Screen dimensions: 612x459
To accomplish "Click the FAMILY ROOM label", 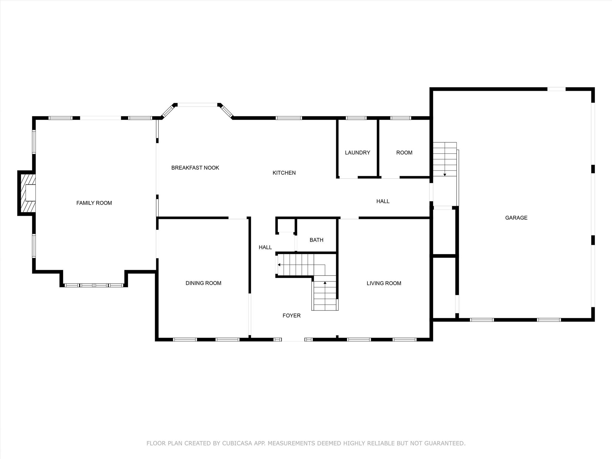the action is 94,203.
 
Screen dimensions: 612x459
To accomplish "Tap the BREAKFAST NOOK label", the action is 195,168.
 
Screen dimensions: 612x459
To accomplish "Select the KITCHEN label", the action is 284,173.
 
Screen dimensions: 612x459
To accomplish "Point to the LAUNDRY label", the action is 357,153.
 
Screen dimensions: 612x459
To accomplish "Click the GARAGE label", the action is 516,218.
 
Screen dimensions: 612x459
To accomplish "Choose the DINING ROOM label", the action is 204,283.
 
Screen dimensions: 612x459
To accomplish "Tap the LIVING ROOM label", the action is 384,283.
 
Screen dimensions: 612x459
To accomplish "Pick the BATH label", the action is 316,240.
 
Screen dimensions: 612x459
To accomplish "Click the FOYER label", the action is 292,316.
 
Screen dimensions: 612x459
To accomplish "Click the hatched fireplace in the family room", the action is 27,193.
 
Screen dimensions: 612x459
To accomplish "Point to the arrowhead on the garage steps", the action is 445,175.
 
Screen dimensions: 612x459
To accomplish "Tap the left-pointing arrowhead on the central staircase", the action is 279,265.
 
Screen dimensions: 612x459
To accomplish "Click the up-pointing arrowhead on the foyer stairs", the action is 325,282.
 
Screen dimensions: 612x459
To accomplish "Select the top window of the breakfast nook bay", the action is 197,105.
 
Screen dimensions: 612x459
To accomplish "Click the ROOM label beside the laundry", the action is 404,153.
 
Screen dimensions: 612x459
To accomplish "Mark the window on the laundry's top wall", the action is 356,118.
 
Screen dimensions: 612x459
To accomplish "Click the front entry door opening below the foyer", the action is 293,339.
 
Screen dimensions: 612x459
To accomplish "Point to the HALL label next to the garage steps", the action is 383,201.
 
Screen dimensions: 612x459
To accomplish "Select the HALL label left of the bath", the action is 265,247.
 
